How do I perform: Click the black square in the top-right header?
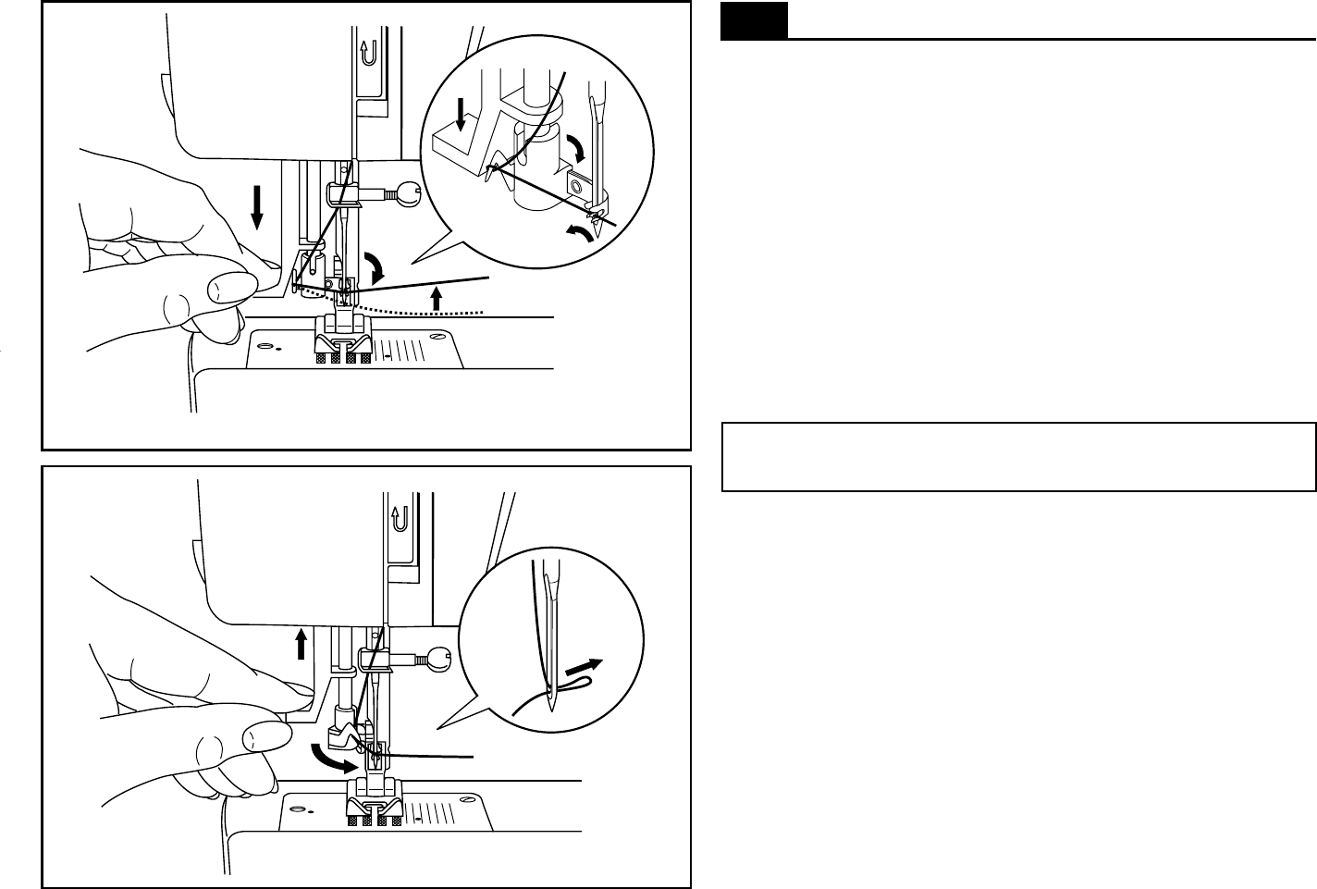click(755, 21)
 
